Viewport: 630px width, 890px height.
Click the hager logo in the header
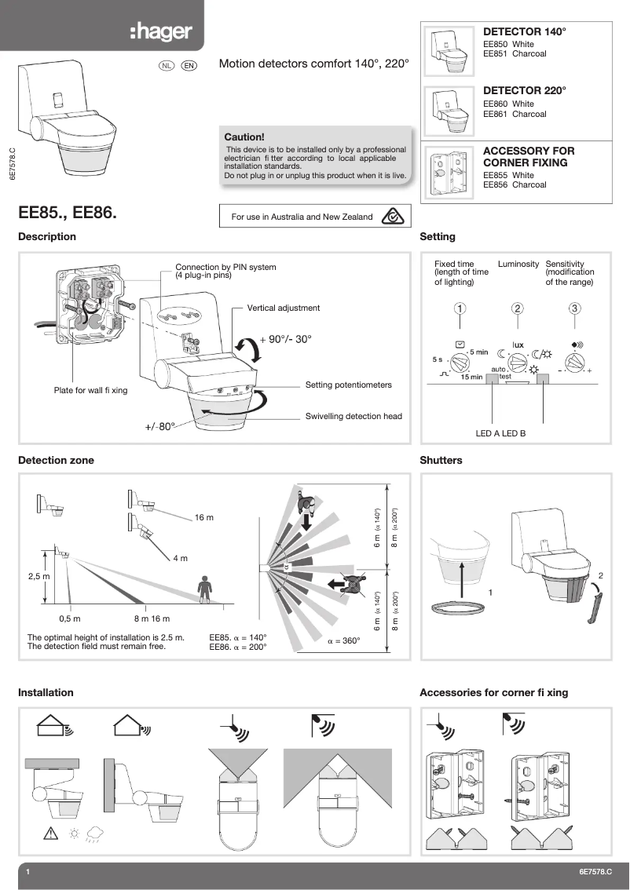pos(160,33)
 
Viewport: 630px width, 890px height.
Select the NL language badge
pos(167,65)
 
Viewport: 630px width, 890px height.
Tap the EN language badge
pos(189,65)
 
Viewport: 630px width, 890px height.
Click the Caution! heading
pos(244,137)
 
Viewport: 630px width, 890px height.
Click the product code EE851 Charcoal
pos(514,54)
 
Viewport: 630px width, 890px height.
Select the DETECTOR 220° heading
pos(523,91)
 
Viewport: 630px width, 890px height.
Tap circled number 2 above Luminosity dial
pos(517,308)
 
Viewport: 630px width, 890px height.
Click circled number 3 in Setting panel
pos(575,308)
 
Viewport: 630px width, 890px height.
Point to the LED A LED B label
pos(500,432)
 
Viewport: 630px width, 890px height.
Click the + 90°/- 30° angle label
pos(285,339)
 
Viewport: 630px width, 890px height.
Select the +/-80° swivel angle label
pos(159,428)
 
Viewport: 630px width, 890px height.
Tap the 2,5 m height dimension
pos(38,576)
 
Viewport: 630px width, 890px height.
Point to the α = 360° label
pos(343,641)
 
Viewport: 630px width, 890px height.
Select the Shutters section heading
pos(441,461)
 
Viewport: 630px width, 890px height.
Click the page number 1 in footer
pos(27,872)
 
